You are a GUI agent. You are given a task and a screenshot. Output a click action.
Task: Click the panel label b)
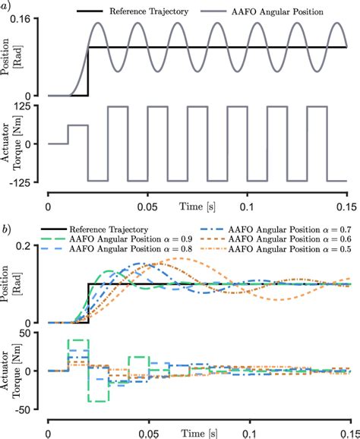click(x=5, y=227)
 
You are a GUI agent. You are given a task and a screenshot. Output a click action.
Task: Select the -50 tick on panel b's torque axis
click(x=31, y=408)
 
